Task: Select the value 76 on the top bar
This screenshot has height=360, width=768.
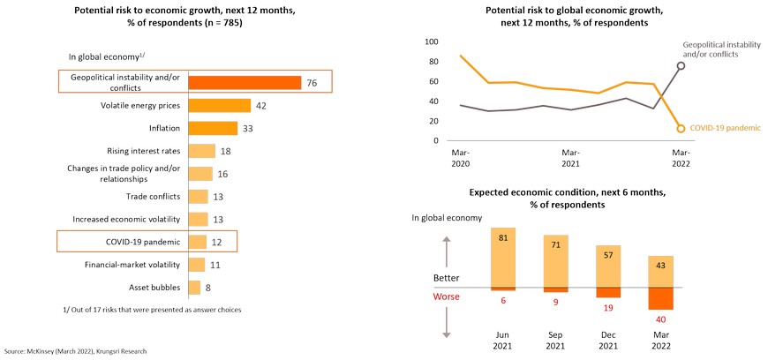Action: (312, 83)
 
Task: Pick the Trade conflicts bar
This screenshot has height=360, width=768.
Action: (199, 196)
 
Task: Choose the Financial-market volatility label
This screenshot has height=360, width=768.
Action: (132, 264)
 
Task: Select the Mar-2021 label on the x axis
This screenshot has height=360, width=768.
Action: (571, 157)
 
